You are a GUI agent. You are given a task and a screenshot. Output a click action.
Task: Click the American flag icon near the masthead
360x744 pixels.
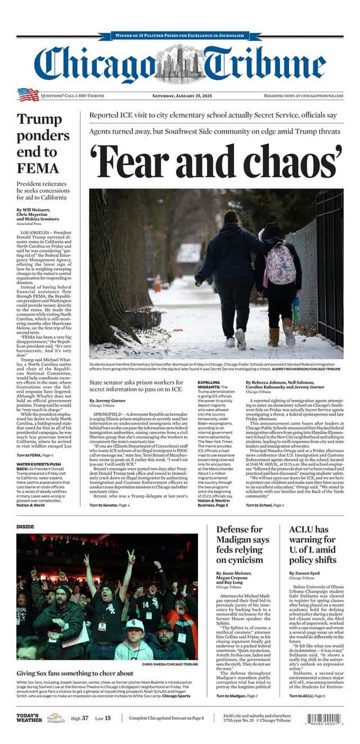pyautogui.click(x=28, y=94)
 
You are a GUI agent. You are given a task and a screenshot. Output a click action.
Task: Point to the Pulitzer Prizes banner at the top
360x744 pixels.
pyautogui.click(x=180, y=35)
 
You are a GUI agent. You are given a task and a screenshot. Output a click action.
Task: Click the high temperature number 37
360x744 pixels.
pyautogui.click(x=84, y=718)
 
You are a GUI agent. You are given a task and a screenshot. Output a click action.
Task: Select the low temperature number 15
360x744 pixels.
pyautogui.click(x=107, y=718)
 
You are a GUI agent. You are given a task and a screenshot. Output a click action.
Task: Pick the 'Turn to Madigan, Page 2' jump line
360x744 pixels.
pyautogui.click(x=236, y=696)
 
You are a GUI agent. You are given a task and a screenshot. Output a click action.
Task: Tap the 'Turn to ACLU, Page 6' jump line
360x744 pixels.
pyautogui.click(x=307, y=696)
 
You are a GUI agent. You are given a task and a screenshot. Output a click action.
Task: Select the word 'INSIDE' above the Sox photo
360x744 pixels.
pyautogui.click(x=25, y=526)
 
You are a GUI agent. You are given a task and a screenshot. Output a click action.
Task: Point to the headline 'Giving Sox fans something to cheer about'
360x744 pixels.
pyautogui.click(x=75, y=673)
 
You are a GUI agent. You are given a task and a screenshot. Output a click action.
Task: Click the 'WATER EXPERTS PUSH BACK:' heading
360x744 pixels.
pyautogui.click(x=38, y=466)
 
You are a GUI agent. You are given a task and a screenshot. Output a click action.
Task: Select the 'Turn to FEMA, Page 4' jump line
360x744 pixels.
pyautogui.click(x=35, y=454)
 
